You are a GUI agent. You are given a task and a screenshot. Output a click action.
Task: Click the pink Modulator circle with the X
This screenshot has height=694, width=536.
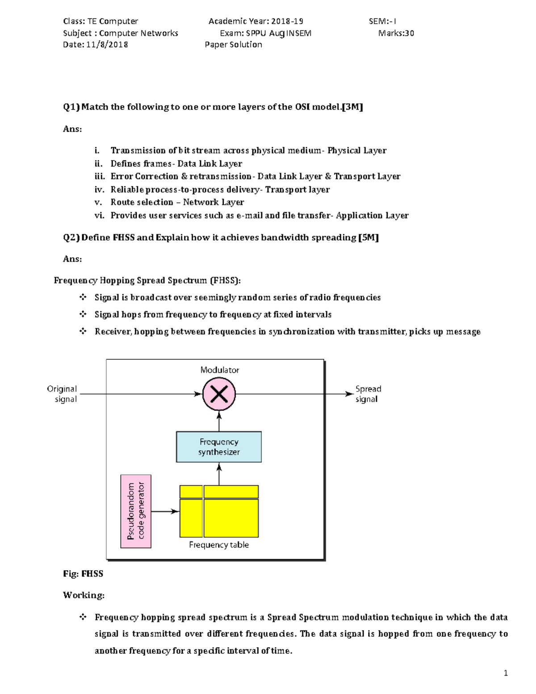(x=219, y=394)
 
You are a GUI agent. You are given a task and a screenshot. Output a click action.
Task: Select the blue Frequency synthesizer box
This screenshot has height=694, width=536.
(x=219, y=447)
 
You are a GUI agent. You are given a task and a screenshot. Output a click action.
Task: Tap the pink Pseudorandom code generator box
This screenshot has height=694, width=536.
(x=136, y=511)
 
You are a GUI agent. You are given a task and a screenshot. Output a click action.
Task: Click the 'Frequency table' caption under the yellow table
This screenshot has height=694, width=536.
(x=219, y=545)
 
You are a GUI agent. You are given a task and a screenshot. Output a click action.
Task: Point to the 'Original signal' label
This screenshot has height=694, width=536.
(x=62, y=394)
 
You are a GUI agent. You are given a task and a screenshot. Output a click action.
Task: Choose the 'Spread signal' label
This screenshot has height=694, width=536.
(x=368, y=394)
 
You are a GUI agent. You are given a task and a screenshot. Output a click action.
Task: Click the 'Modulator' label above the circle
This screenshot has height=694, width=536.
(x=219, y=370)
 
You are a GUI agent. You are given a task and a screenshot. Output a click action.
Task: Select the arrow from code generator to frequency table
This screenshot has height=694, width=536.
(x=165, y=511)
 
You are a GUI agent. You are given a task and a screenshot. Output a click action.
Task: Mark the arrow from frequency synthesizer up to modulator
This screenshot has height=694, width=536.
(x=219, y=421)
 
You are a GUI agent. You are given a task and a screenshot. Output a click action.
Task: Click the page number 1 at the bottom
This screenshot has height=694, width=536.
(x=506, y=673)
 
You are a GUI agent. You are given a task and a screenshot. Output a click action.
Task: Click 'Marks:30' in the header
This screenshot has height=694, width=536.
(x=396, y=33)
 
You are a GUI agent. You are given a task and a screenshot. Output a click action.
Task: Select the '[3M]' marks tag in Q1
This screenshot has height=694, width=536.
(x=352, y=107)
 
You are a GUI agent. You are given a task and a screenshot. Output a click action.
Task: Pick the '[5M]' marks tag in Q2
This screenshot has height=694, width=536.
(x=368, y=237)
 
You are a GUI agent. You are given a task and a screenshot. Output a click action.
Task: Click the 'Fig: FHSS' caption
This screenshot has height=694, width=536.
(x=83, y=574)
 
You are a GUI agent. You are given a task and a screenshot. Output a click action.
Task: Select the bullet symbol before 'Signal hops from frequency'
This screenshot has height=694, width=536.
(x=83, y=314)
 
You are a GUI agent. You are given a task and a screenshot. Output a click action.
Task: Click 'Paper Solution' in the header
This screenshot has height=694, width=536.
(x=233, y=45)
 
